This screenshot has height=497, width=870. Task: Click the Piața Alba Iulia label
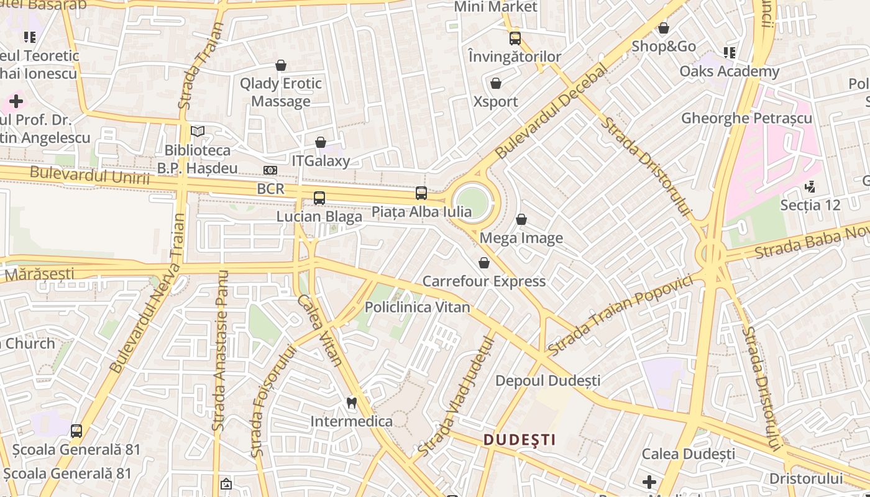pyautogui.click(x=421, y=212)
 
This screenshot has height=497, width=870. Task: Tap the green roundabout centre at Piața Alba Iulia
pyautogui.click(x=472, y=200)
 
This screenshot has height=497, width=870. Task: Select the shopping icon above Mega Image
pyautogui.click(x=521, y=220)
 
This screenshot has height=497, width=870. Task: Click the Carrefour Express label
pyautogui.click(x=484, y=281)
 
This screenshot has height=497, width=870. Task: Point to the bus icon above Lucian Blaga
pyautogui.click(x=319, y=198)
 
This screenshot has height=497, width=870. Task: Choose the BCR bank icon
pyautogui.click(x=270, y=170)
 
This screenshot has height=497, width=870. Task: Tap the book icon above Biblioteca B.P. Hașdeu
pyautogui.click(x=198, y=132)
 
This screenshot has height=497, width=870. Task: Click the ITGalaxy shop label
pyautogui.click(x=321, y=161)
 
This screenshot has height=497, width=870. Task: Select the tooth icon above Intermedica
pyautogui.click(x=351, y=403)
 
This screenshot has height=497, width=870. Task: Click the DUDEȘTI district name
pyautogui.click(x=520, y=440)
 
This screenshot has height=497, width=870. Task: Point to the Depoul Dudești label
pyautogui.click(x=548, y=380)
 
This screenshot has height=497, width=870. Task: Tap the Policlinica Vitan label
pyautogui.click(x=418, y=307)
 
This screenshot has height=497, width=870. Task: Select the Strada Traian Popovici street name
pyautogui.click(x=620, y=315)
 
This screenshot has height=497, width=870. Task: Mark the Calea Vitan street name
pyautogui.click(x=319, y=329)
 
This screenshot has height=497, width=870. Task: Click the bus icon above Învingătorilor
pyautogui.click(x=515, y=39)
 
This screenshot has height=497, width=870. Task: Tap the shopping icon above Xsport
pyautogui.click(x=496, y=83)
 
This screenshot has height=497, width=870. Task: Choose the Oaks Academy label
pyautogui.click(x=729, y=71)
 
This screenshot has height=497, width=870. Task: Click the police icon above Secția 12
pyautogui.click(x=810, y=186)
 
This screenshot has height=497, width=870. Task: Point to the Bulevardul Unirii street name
pyautogui.click(x=89, y=176)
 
